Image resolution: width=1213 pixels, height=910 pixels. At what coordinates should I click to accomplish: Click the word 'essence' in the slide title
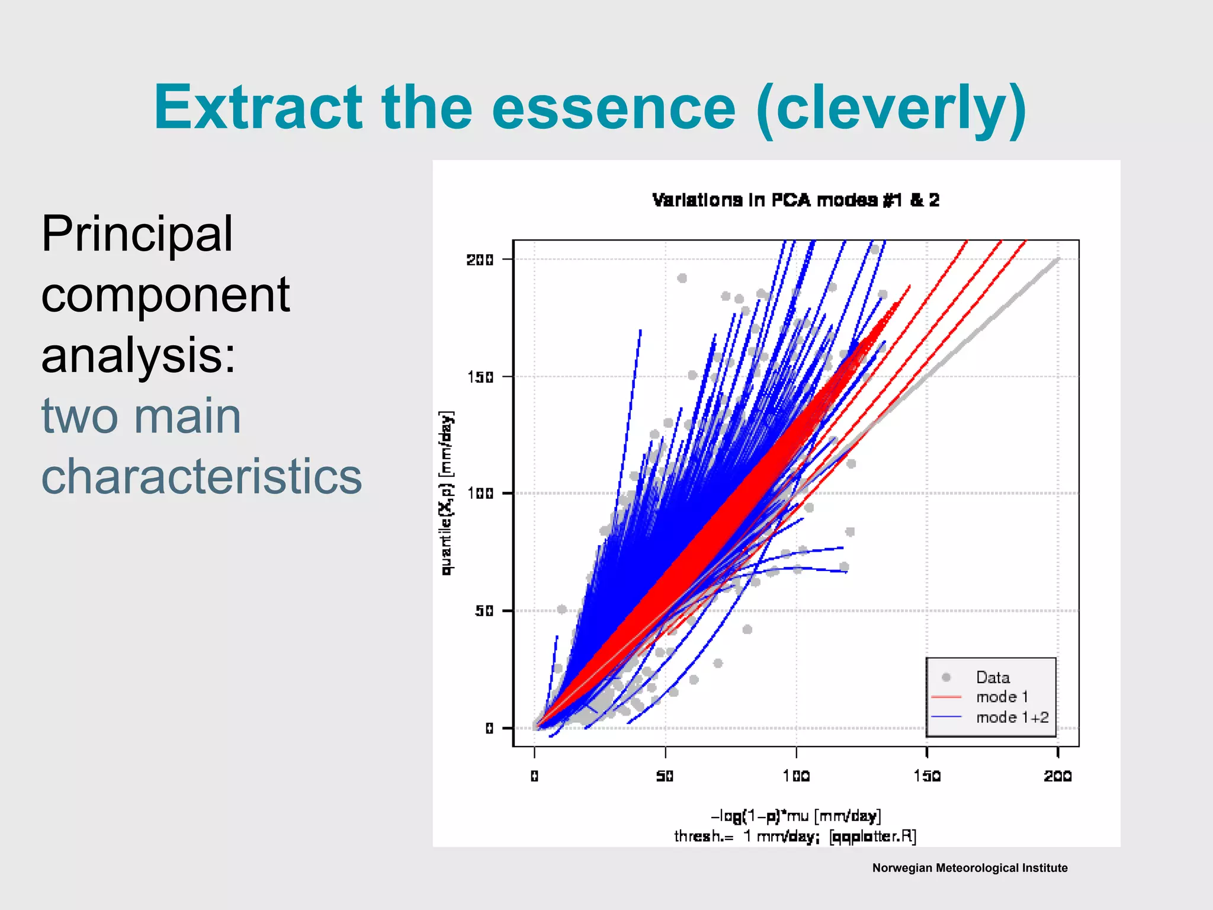[614, 108]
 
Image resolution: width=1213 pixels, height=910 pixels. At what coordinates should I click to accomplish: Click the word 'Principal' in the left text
[137, 235]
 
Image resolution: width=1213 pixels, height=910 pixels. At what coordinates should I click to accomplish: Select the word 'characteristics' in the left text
[201, 476]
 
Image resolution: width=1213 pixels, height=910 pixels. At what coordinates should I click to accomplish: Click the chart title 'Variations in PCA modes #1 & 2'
[795, 200]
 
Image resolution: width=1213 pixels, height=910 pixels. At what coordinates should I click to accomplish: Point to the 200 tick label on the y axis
[480, 259]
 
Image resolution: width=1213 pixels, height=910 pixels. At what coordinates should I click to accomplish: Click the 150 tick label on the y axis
[480, 377]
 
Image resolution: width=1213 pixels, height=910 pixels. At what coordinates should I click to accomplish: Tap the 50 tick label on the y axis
[483, 611]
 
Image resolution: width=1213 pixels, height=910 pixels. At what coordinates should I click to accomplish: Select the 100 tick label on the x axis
[796, 776]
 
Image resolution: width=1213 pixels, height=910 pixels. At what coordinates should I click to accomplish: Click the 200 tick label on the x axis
[1058, 776]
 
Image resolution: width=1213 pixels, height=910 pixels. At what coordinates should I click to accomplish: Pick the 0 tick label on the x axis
[534, 776]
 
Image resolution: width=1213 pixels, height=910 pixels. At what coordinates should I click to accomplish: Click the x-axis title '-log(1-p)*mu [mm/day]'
[795, 816]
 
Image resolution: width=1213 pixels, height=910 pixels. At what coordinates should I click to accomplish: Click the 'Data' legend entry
[993, 677]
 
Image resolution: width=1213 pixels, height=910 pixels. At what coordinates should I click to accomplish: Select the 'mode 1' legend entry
[1002, 697]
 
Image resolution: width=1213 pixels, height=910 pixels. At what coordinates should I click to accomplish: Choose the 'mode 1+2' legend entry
[1012, 717]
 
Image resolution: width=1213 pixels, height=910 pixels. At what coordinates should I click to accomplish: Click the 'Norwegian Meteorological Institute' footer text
[970, 868]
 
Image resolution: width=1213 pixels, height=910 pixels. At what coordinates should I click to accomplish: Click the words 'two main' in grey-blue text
[141, 416]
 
